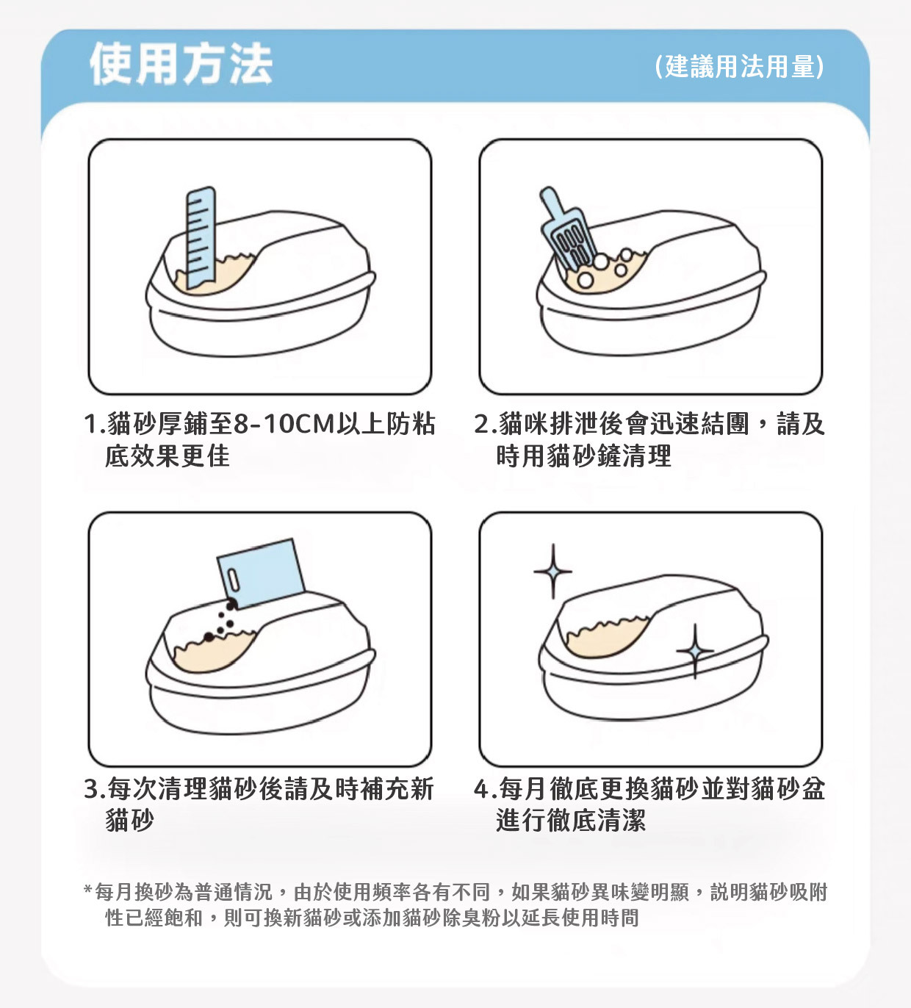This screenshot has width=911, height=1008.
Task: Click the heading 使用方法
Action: pyautogui.click(x=181, y=63)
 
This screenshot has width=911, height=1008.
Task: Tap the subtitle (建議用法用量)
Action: pyautogui.click(x=739, y=66)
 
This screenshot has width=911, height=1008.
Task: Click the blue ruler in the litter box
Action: pyautogui.click(x=201, y=238)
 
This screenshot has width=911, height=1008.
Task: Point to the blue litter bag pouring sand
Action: pyautogui.click(x=261, y=573)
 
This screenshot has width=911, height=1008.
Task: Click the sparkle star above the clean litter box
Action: pyautogui.click(x=552, y=572)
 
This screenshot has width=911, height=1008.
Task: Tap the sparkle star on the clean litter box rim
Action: pyautogui.click(x=695, y=651)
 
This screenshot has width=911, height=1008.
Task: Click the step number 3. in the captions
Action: pyautogui.click(x=95, y=788)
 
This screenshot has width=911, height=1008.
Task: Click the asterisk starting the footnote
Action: pyautogui.click(x=88, y=890)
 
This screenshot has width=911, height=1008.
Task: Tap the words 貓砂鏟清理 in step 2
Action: pyautogui.click(x=609, y=456)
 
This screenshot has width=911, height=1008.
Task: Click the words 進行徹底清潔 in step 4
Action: pyautogui.click(x=571, y=821)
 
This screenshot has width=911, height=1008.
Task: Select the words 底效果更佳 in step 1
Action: pyautogui.click(x=168, y=456)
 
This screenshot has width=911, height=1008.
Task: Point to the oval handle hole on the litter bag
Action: pyautogui.click(x=234, y=581)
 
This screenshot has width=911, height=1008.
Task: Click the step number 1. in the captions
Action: pyautogui.click(x=95, y=424)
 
